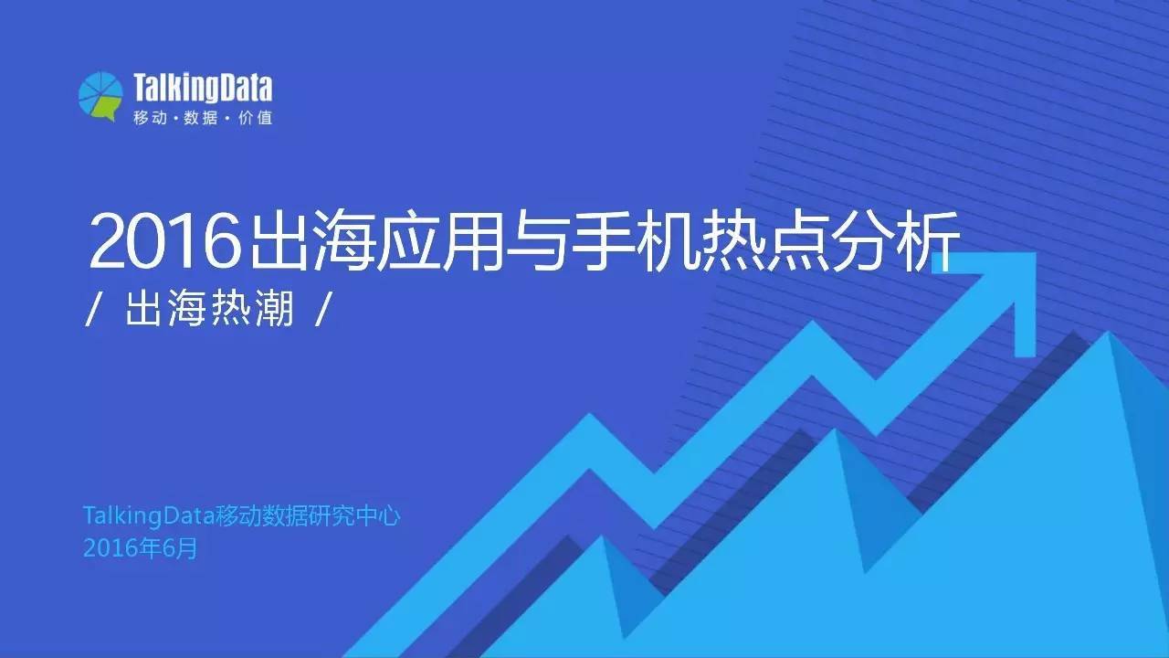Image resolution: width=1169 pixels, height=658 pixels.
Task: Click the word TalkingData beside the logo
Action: point(202,89)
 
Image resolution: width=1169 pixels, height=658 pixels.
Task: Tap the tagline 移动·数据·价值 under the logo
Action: point(202,119)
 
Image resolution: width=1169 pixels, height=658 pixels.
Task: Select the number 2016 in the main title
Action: point(157,240)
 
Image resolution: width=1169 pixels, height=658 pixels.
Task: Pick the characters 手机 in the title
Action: point(656,240)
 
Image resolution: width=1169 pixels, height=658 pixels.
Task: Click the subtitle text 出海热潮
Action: point(210,311)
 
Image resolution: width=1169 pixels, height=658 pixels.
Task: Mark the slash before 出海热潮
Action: point(92,312)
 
